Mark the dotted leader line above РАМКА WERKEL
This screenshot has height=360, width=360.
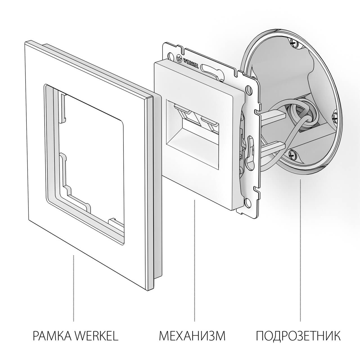pos(74,287)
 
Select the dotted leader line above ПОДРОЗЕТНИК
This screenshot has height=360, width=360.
pos(300,250)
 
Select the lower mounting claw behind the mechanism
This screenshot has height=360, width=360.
pos(274,145)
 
